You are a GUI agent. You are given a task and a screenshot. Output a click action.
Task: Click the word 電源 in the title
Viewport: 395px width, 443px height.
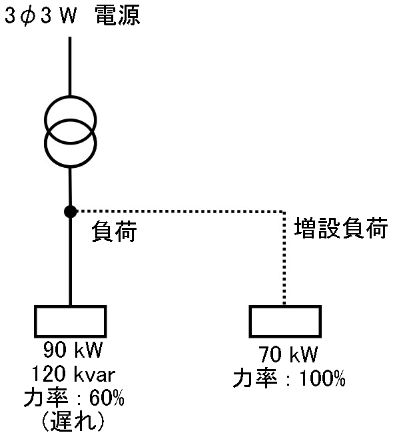117,15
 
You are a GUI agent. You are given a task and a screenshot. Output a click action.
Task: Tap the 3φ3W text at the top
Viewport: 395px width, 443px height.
41,15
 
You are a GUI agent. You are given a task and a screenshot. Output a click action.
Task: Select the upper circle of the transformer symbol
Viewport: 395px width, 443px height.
71,97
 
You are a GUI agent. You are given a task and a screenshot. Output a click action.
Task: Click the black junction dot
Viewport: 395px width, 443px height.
71,211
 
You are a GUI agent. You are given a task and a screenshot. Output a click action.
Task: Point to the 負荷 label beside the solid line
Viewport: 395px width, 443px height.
114,231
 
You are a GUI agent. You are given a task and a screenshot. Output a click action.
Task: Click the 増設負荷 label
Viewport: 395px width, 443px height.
341,228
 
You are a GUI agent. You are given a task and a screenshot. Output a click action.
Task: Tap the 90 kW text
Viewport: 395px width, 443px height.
73,350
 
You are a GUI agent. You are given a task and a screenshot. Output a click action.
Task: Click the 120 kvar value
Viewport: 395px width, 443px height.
73,374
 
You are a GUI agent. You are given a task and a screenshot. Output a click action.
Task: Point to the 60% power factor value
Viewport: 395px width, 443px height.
107,398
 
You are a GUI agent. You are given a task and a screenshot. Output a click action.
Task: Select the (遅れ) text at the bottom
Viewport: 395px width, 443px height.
73,422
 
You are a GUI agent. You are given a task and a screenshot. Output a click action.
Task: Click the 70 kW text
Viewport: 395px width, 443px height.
288,354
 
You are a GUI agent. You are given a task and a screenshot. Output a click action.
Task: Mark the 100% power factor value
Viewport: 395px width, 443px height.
322,378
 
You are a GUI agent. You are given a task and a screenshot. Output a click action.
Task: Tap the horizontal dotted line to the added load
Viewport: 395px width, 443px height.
181,211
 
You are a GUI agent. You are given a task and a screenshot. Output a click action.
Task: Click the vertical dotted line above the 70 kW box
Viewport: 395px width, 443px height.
284,258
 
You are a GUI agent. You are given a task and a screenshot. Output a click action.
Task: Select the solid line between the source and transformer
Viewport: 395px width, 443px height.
70,66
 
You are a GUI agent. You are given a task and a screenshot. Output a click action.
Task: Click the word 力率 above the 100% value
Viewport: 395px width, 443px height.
255,378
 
